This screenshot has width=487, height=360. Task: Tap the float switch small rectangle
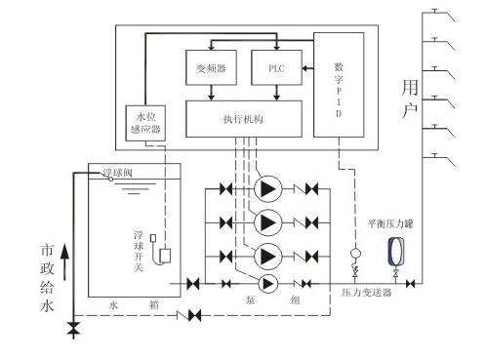[166, 256]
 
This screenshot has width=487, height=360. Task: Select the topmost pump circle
[266, 188]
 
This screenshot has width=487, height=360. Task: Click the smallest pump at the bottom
[266, 283]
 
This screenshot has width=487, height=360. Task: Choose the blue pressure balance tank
[397, 255]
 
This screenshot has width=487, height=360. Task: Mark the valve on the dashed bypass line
[193, 315]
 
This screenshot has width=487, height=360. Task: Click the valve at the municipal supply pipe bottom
[73, 331]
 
